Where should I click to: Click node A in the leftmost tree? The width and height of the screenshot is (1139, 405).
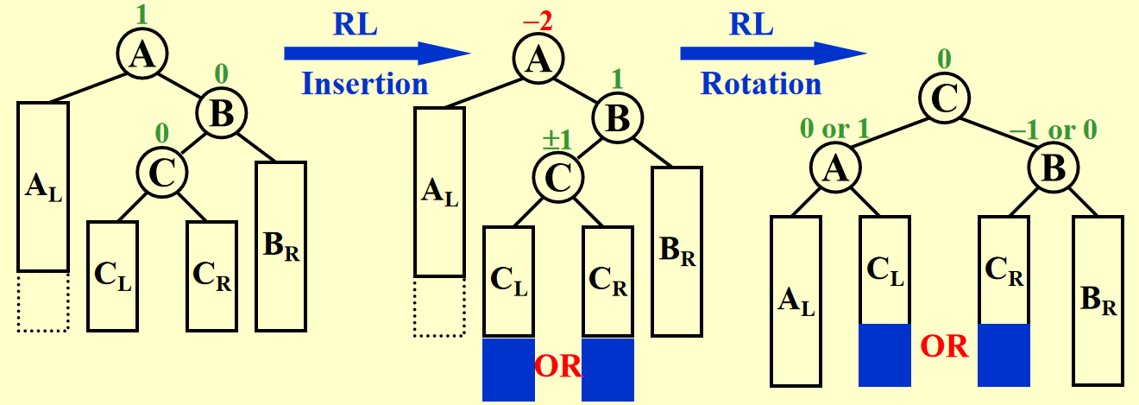(141, 55)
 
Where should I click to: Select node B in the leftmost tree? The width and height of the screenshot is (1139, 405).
(222, 111)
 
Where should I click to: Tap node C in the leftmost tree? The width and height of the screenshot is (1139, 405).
(161, 171)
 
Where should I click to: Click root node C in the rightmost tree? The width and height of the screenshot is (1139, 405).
(943, 101)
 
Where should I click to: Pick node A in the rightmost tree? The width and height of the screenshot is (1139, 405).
(834, 169)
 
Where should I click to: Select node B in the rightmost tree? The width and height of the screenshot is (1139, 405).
(1053, 169)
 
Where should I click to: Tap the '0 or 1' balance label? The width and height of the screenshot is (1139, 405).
(834, 130)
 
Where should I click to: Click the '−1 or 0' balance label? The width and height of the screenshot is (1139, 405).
(1054, 130)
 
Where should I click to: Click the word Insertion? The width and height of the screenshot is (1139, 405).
(364, 85)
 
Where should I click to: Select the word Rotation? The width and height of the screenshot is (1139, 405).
(761, 85)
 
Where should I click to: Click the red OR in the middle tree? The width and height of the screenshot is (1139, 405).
(557, 368)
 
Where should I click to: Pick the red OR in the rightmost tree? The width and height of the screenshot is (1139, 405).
(943, 348)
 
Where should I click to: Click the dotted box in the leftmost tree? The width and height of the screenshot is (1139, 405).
(42, 301)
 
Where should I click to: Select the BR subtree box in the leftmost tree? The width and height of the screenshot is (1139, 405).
(280, 246)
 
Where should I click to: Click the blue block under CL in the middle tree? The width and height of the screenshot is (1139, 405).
(508, 370)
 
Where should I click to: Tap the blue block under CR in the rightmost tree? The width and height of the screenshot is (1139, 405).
(1004, 355)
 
